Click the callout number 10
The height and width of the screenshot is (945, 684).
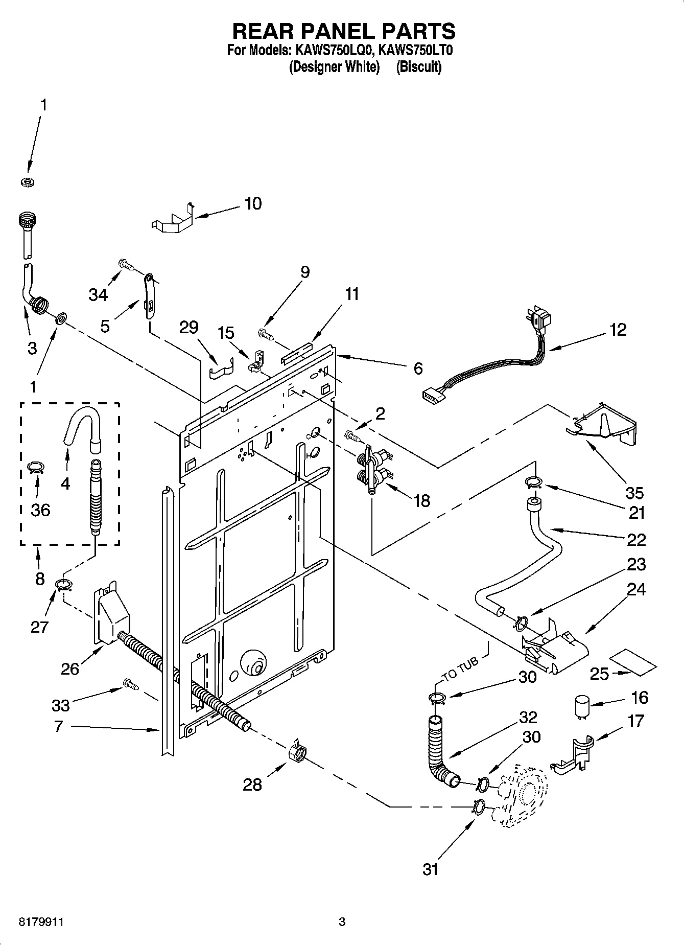[253, 203]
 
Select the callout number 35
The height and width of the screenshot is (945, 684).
[634, 493]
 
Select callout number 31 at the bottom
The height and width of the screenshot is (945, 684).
[431, 868]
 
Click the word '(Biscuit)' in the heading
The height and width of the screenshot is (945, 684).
[419, 67]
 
